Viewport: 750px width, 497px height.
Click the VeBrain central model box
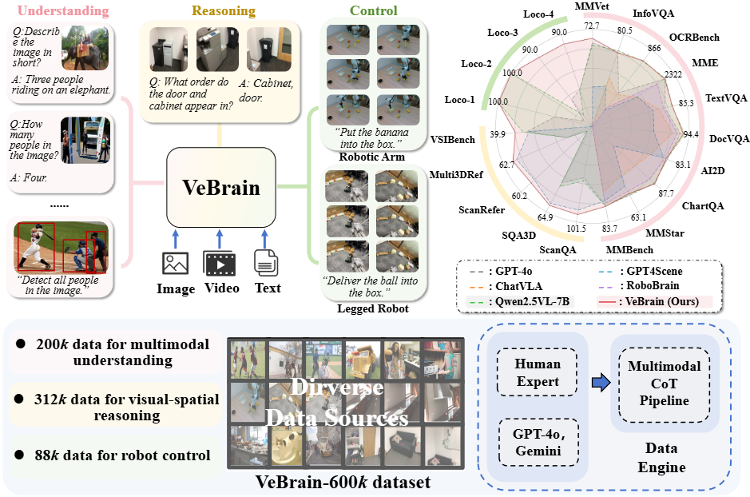220,189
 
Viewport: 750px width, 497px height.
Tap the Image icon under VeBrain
175,263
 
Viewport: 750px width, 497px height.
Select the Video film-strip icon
220,263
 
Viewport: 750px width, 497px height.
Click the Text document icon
266,262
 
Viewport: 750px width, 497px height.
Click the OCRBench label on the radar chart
694,37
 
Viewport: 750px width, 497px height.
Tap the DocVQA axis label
729,137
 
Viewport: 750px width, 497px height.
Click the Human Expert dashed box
538,372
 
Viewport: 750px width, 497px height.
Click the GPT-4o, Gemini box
538,443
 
